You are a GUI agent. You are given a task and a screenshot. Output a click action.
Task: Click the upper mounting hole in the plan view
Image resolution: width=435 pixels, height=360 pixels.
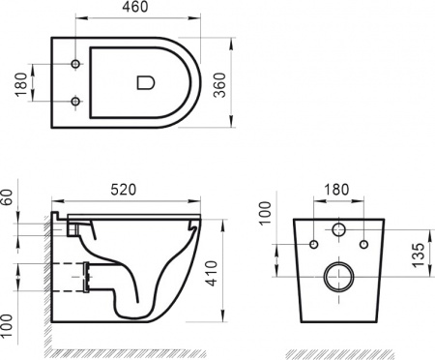[x=75, y=66]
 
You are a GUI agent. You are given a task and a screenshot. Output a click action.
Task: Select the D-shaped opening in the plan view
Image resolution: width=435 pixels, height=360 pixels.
[x=146, y=83]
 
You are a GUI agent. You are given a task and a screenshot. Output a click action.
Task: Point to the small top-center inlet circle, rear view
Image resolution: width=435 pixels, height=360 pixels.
[x=338, y=230]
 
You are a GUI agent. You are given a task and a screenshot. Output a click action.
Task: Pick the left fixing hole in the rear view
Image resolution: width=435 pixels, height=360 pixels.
[x=313, y=243]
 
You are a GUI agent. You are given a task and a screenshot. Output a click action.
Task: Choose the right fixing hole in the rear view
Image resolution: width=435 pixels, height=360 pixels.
[x=363, y=243]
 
